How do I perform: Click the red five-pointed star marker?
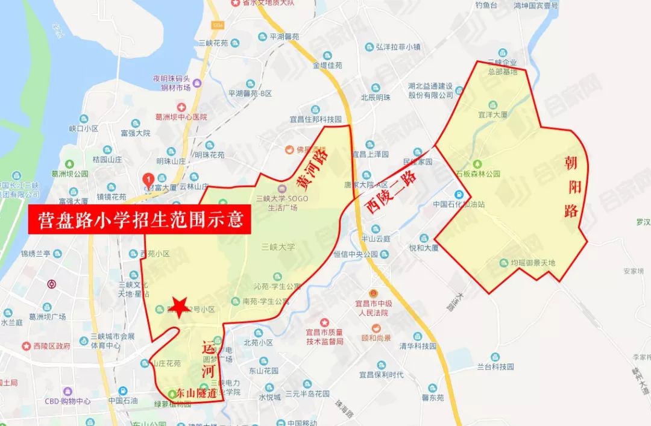point(178,305)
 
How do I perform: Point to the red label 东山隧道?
point(196,393)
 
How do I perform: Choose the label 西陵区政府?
point(48,346)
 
